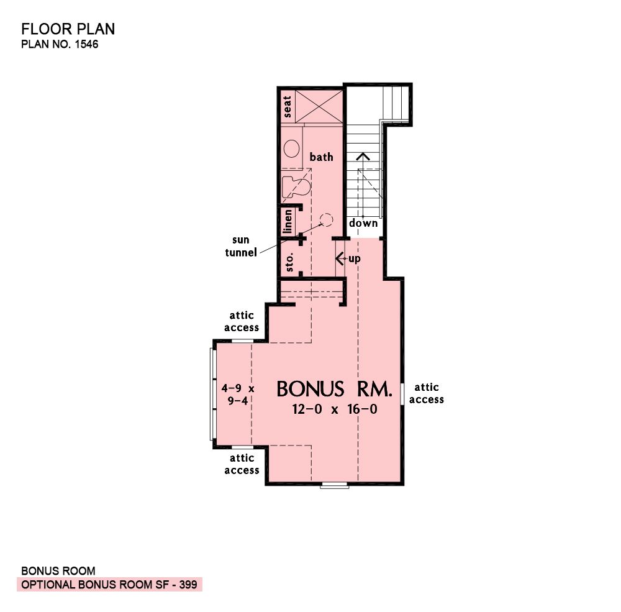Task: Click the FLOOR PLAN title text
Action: tap(68, 29)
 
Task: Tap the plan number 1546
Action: tap(86, 44)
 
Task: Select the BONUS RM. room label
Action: tap(334, 389)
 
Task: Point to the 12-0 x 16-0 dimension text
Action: tap(335, 409)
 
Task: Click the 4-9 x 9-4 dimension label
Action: tap(238, 395)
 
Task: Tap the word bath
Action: tap(321, 157)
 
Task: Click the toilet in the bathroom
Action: tap(296, 186)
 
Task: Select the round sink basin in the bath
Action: tap(291, 148)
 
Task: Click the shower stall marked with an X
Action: tap(319, 107)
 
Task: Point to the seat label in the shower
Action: tap(287, 107)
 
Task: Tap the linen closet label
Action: tap(288, 221)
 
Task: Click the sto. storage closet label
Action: tap(289, 262)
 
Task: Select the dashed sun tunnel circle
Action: tap(327, 219)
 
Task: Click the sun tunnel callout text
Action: tap(241, 246)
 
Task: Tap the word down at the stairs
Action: tap(363, 223)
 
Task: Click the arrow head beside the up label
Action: tap(339, 258)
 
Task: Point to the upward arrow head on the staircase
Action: tap(363, 156)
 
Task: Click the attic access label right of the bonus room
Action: tap(427, 393)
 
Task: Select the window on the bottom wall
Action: tap(334, 485)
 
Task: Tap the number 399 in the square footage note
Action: tap(188, 585)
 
